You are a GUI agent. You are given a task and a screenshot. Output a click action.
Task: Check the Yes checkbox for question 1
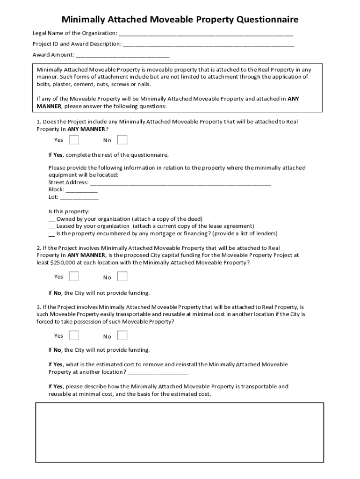74,140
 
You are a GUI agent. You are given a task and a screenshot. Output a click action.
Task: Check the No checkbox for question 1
122,140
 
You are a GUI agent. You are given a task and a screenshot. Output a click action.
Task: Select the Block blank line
81,190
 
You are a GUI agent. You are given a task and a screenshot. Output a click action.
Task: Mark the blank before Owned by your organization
51,219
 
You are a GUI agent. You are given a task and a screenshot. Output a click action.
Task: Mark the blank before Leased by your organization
51,226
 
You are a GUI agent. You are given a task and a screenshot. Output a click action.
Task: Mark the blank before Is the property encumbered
51,234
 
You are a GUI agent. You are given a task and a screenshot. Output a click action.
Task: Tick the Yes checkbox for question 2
74,276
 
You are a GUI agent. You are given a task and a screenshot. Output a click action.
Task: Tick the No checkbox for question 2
122,276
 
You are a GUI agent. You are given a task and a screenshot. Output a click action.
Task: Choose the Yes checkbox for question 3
74,335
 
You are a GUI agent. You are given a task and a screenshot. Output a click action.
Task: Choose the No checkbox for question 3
122,335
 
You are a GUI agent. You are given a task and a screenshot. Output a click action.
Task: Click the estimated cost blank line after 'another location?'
158,373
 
